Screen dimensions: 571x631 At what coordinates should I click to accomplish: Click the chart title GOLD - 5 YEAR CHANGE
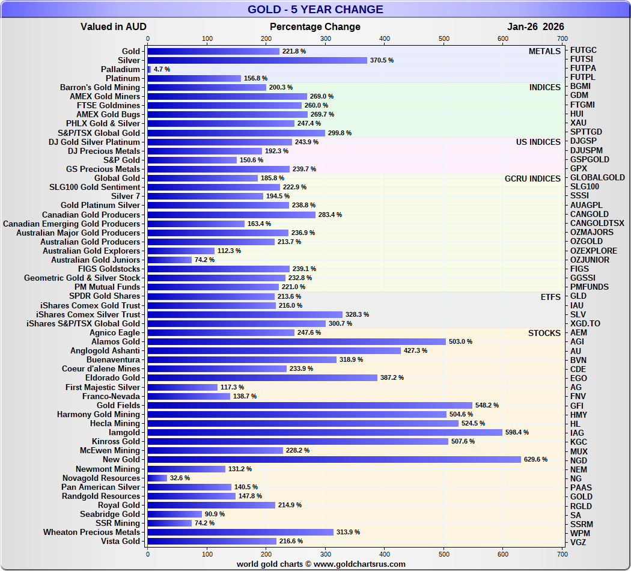pos(315,10)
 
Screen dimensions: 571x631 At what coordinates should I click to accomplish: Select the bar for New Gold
pos(334,460)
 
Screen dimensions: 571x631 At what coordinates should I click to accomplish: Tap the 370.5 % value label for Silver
pos(382,61)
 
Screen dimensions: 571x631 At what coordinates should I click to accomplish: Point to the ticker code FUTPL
pos(583,78)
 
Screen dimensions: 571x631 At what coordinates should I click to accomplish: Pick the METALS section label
pos(544,52)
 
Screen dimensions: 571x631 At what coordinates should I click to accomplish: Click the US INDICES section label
pos(538,142)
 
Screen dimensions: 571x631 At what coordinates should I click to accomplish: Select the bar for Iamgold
pos(325,433)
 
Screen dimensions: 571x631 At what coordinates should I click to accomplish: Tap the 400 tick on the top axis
pos(385,39)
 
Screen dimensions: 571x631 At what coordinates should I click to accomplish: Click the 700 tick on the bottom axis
pos(562,554)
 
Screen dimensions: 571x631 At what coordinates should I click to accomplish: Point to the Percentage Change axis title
pos(315,27)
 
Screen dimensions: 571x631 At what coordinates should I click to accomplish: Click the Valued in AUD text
pos(114,27)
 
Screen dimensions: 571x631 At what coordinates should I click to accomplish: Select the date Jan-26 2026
pos(535,27)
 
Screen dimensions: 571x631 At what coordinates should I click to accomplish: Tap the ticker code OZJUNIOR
pos(590,260)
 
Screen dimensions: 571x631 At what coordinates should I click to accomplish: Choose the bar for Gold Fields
pos(309,405)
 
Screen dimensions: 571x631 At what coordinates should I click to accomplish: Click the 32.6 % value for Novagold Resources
pos(180,478)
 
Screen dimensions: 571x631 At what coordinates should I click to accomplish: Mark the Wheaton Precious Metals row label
pos(91,533)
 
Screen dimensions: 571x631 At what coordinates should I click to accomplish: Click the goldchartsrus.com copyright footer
pos(321,564)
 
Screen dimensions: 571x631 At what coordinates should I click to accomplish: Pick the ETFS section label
pos(550,297)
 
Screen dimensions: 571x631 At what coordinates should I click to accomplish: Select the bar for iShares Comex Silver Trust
pos(245,314)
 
